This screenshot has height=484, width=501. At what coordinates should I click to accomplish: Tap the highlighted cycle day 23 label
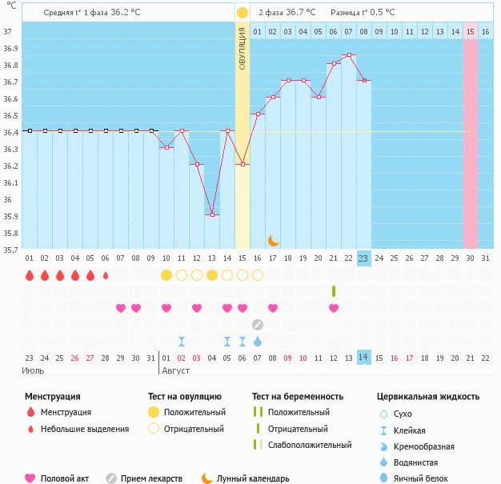363,258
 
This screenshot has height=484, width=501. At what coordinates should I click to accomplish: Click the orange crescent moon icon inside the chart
273,240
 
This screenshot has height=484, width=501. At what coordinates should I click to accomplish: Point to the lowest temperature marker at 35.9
212,214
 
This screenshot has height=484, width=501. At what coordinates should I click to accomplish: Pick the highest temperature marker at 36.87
349,55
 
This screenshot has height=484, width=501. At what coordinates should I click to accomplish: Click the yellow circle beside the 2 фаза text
242,13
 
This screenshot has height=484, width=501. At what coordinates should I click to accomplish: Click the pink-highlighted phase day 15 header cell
471,31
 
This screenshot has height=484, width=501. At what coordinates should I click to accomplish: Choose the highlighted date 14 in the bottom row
363,357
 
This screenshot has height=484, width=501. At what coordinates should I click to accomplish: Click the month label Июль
34,370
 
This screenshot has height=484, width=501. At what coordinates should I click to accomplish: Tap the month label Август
178,370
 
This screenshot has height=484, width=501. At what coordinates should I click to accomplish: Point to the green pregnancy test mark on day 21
334,290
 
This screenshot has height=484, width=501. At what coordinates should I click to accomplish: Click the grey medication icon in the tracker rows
257,324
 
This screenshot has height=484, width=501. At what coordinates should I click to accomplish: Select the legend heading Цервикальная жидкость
428,396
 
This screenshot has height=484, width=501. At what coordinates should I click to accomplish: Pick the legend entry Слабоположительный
310,445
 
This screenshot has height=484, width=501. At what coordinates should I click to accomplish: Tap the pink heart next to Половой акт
30,478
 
